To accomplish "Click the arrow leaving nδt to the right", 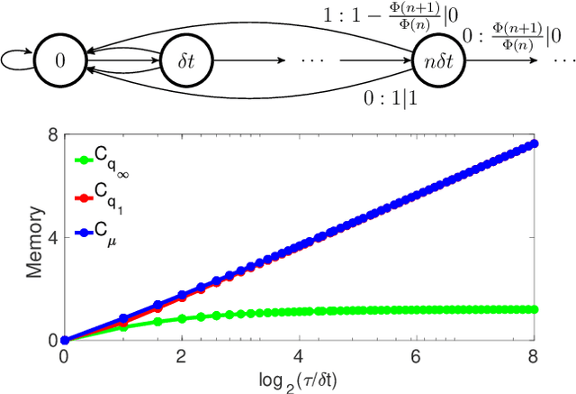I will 504,61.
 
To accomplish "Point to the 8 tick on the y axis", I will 52,135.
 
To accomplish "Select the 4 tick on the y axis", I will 52,238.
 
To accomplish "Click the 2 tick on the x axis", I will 182,356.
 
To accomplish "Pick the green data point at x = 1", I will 123,327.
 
